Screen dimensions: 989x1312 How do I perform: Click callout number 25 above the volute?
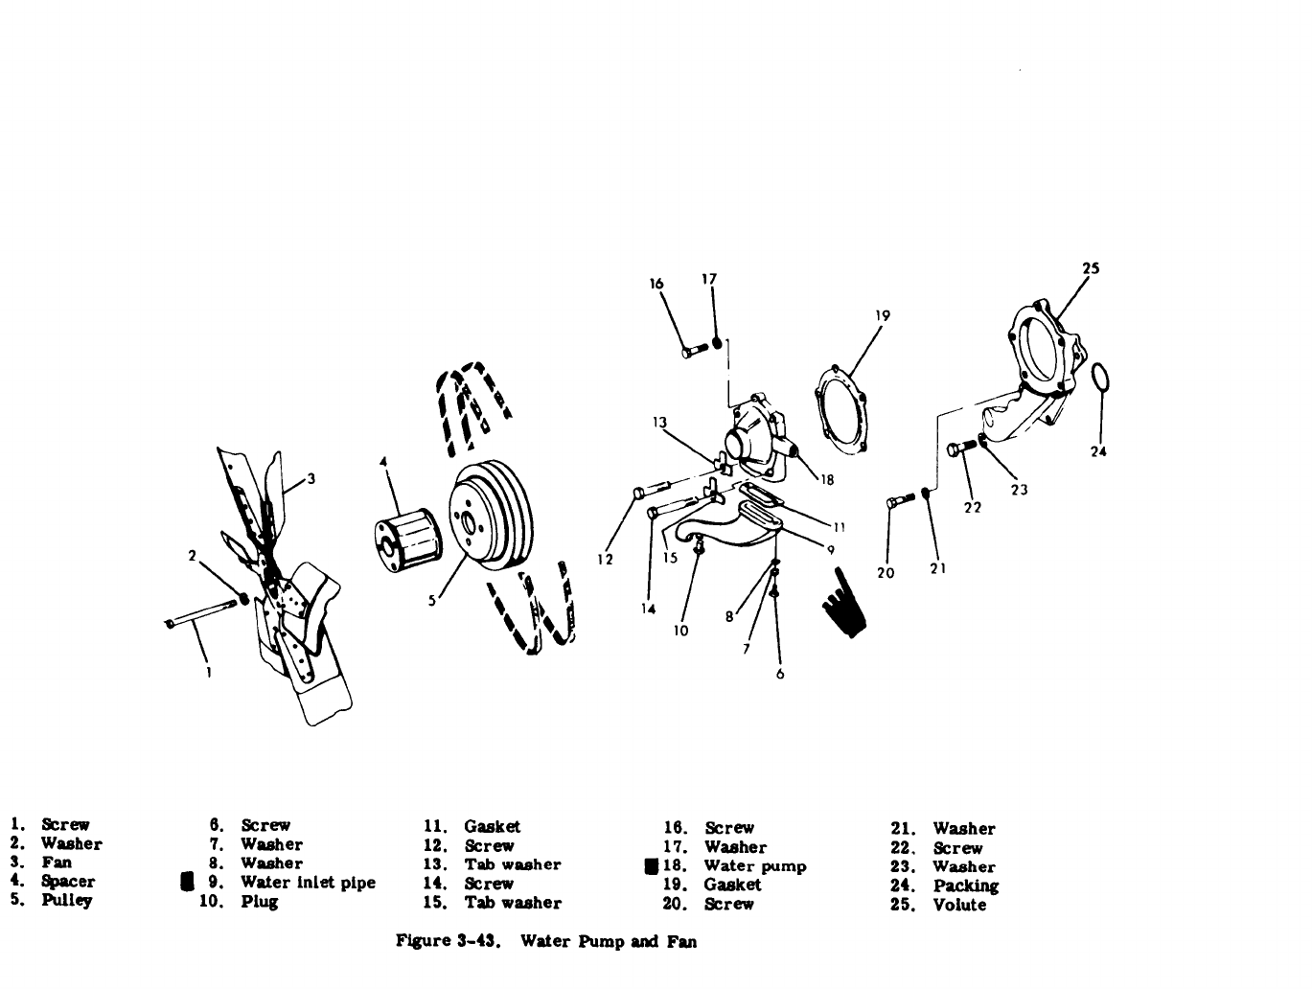(1090, 269)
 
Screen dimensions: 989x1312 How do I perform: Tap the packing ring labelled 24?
(1102, 378)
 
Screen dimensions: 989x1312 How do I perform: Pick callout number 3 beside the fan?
(311, 479)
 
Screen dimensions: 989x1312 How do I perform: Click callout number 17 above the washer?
(709, 280)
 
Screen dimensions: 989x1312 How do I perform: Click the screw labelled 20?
(900, 500)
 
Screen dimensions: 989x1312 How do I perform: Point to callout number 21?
(938, 568)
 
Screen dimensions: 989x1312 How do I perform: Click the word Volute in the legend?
(959, 905)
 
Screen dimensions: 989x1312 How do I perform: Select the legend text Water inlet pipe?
(308, 883)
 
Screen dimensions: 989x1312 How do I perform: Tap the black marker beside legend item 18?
(651, 866)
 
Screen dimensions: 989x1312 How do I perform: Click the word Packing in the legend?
(965, 885)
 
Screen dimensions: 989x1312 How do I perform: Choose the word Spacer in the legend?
(68, 882)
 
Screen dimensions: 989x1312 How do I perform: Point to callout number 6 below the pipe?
(779, 674)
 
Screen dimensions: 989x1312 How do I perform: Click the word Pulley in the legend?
(67, 901)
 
